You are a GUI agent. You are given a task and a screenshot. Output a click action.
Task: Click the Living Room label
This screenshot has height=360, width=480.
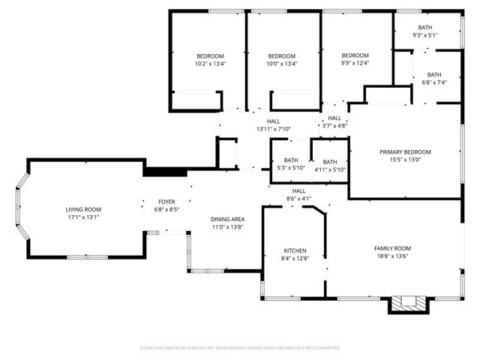(83, 209)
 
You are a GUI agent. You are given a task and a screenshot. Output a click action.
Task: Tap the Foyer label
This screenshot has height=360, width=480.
(166, 202)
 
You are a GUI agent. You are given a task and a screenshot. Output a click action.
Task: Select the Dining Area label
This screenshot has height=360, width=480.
(227, 219)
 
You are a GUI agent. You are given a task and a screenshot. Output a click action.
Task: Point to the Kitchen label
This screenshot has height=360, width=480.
(294, 250)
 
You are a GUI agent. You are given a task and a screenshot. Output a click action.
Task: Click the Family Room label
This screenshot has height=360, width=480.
(392, 248)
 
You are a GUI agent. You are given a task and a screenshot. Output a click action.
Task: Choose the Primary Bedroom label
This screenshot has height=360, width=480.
(405, 152)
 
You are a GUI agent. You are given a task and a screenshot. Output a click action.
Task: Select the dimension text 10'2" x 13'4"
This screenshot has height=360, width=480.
(210, 64)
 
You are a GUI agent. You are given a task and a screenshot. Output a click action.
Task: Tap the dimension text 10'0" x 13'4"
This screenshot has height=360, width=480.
(282, 64)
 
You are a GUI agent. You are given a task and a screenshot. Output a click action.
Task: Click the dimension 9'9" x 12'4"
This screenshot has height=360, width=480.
(355, 63)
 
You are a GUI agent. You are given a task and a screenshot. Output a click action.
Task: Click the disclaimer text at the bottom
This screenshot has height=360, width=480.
(240, 348)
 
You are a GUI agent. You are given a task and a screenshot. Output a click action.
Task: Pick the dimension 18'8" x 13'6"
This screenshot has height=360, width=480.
(392, 256)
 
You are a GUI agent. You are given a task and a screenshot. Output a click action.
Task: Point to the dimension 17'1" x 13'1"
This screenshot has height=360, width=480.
(83, 217)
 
